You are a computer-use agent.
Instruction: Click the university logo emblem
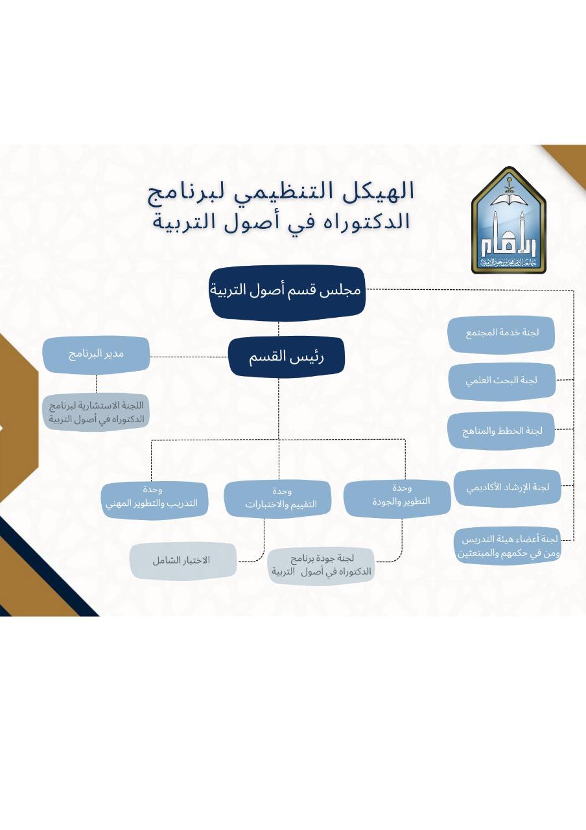point(509,220)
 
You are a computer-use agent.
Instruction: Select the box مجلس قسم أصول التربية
point(287,292)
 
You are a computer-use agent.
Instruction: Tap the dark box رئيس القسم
point(287,357)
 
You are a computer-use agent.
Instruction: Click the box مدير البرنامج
point(97,355)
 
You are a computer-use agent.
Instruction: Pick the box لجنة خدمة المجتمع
point(501,334)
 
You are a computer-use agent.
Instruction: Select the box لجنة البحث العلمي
point(502,381)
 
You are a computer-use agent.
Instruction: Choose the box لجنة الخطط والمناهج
point(501,431)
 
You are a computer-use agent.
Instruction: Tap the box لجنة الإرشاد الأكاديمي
point(508,488)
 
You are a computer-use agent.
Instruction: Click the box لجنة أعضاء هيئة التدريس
point(508,545)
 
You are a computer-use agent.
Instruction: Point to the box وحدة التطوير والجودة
point(397,498)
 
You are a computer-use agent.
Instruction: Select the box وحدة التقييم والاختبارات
point(277,499)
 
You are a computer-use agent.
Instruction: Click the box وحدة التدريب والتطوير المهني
point(154,500)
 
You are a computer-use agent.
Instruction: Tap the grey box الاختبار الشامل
point(183,562)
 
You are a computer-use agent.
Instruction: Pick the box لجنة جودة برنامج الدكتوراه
point(321,566)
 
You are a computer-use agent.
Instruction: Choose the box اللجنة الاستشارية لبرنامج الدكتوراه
point(97,412)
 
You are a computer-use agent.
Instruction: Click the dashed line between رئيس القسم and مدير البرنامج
point(189,357)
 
